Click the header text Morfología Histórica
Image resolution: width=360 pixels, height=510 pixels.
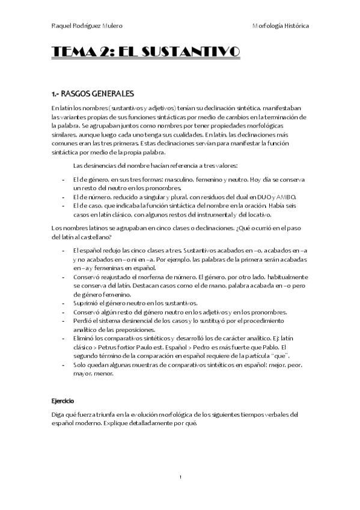click(281, 26)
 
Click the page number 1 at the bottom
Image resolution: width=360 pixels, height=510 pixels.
click(180, 477)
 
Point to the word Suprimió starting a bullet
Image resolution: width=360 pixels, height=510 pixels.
click(85, 304)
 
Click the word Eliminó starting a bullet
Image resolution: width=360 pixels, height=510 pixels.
click(84, 339)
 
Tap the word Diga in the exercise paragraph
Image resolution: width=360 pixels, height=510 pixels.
click(58, 415)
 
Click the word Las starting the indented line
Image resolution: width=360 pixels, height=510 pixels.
click(78, 165)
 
